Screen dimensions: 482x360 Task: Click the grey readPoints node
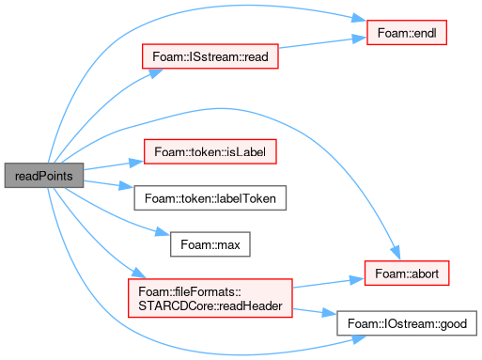pos(44,176)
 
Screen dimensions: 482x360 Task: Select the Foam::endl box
pos(407,33)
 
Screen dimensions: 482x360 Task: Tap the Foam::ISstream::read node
pos(210,56)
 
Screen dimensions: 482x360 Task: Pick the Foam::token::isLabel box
pos(210,151)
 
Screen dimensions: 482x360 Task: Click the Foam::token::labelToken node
pos(210,198)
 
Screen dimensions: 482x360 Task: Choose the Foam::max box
pos(210,244)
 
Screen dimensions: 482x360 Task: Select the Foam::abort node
pos(407,274)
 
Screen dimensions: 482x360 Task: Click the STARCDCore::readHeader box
pos(210,298)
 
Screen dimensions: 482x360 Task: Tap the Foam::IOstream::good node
pos(407,323)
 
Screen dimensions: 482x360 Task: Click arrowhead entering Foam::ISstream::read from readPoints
pos(155,73)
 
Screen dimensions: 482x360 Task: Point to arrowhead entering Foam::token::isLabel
pos(136,163)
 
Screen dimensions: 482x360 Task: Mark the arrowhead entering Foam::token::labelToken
pos(127,186)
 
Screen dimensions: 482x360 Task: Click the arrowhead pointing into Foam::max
pos(163,232)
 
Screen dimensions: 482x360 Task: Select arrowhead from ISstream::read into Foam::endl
pos(359,39)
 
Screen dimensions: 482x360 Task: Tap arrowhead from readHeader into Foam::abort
pos(357,280)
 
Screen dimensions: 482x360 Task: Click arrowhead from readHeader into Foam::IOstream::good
pos(329,312)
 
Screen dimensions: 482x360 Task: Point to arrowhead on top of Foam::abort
pos(396,253)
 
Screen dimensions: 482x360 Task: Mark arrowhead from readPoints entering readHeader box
pos(139,273)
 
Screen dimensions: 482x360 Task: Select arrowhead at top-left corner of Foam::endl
pos(359,18)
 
